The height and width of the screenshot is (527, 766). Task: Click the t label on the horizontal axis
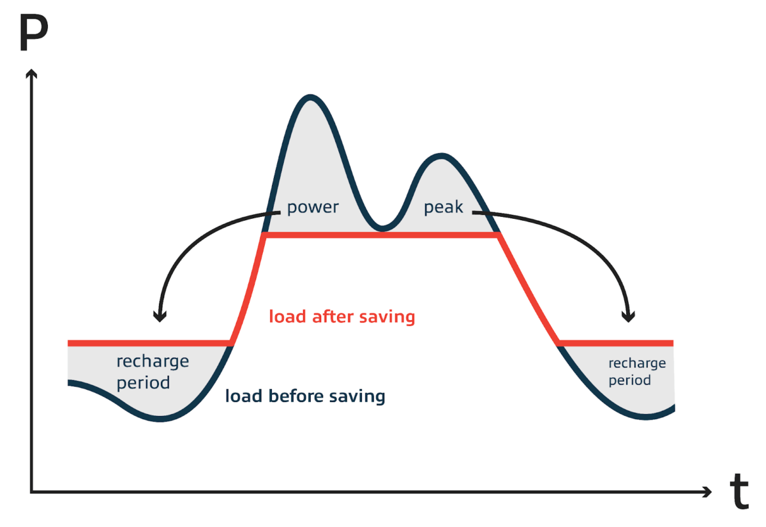(x=739, y=492)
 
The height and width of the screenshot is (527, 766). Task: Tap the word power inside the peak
(x=313, y=207)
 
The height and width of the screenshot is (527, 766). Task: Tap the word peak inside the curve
(x=444, y=207)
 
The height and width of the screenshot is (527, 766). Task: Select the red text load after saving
(x=342, y=316)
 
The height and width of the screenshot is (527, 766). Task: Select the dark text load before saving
(x=305, y=396)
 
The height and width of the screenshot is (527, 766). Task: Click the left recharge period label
(x=153, y=372)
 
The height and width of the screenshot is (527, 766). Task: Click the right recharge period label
(x=636, y=371)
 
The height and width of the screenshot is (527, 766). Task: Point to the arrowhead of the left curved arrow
(x=160, y=316)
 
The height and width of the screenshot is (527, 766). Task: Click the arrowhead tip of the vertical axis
(x=30, y=70)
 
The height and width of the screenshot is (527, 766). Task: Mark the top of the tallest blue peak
(x=310, y=97)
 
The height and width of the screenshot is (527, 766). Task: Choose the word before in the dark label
(x=306, y=396)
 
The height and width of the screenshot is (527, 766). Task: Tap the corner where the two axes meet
(x=31, y=492)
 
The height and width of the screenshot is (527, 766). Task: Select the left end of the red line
(x=69, y=343)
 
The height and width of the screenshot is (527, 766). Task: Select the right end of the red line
(x=672, y=343)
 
